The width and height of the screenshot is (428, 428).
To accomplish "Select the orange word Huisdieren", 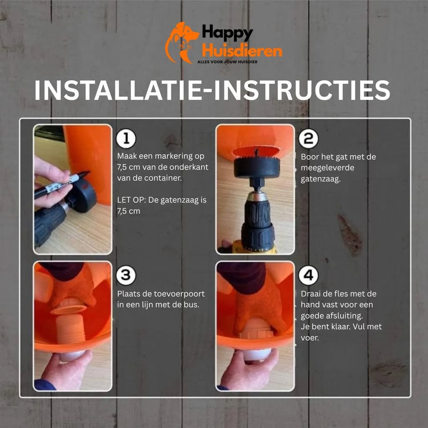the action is click(x=242, y=51).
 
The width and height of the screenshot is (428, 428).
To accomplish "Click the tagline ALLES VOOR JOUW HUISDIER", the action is click(x=227, y=62).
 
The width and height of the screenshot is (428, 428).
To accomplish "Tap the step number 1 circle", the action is click(x=126, y=138).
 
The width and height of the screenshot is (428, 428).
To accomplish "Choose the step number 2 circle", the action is click(x=308, y=138).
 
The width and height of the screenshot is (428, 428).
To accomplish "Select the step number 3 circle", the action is click(x=126, y=275).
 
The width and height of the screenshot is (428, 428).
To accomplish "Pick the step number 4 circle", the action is click(x=308, y=275).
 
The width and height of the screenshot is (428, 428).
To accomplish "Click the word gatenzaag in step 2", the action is click(x=320, y=179).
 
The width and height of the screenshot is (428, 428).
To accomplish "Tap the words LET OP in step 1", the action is click(x=130, y=200).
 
